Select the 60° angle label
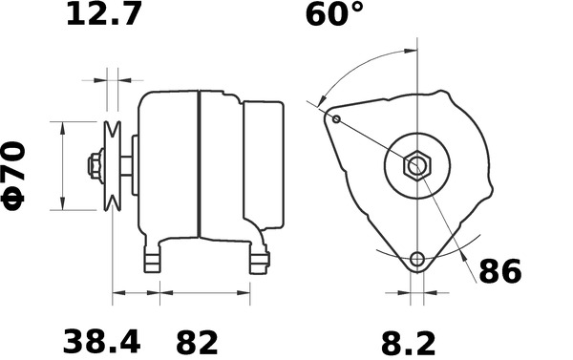pyautogui.click(x=334, y=16)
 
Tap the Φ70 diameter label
pyautogui.click(x=19, y=173)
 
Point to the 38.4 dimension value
pyautogui.click(x=102, y=341)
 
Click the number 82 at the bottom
pyautogui.click(x=196, y=341)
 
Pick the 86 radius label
pyautogui.click(x=499, y=272)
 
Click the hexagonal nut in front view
pyautogui.click(x=417, y=165)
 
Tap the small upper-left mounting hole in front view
pyautogui.click(x=337, y=118)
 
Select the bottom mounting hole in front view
pyautogui.click(x=416, y=260)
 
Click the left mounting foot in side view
pyautogui.click(x=151, y=260)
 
